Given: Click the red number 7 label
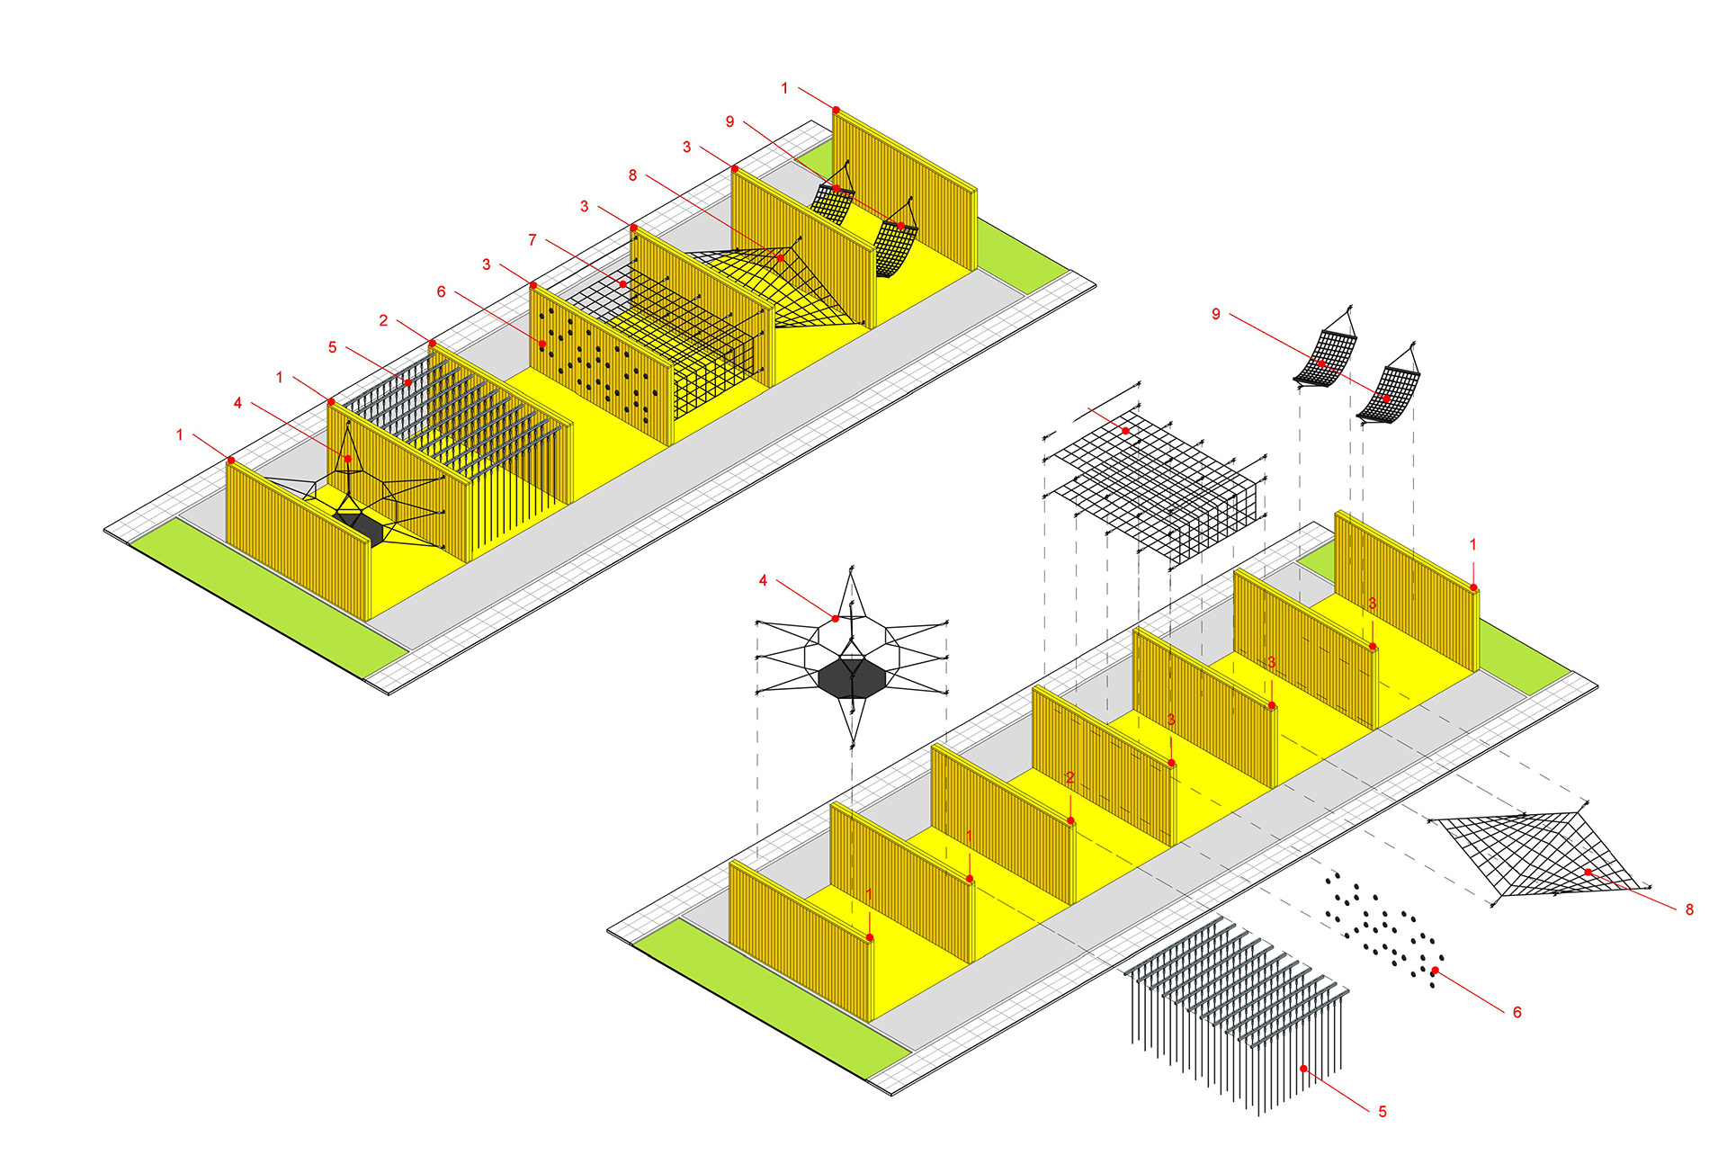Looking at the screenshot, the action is (532, 240).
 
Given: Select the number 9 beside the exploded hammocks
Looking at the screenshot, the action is (1216, 314).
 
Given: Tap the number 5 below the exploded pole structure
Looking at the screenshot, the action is (1382, 1112).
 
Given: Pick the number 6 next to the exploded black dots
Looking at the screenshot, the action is (1517, 1013).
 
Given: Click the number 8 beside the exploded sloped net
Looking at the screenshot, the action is (1689, 909).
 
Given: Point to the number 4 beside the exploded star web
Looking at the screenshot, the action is (763, 581).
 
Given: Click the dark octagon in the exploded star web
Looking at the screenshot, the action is (853, 678).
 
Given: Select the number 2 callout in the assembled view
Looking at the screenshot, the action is (383, 320).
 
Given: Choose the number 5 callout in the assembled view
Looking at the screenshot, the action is (332, 347).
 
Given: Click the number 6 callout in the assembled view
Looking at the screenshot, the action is (441, 291).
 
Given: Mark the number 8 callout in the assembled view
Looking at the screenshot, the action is (632, 175).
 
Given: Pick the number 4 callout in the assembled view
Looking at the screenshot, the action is (237, 403).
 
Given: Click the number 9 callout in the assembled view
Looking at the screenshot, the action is (729, 121).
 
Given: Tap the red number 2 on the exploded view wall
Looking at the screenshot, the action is (1070, 777).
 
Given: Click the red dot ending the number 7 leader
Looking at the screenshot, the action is (622, 284).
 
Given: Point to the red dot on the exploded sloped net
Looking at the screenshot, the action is (1588, 873).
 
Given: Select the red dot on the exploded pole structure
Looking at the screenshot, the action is (1304, 1069).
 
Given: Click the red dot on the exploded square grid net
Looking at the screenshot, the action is (1125, 431).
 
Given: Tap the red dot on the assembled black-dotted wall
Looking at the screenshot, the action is (542, 344).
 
